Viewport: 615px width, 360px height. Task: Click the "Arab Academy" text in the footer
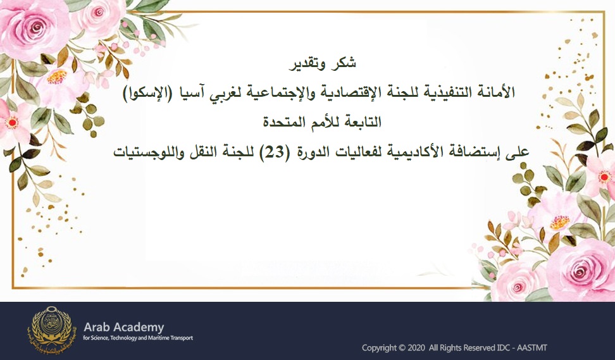coord(124,327)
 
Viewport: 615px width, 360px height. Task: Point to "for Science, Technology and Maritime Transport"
coord(139,338)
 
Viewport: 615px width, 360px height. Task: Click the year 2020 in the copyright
coord(416,348)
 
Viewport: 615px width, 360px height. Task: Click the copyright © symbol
coord(402,348)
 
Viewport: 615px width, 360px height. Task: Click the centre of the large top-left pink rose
coord(38,26)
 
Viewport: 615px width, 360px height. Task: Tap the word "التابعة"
coord(366,122)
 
